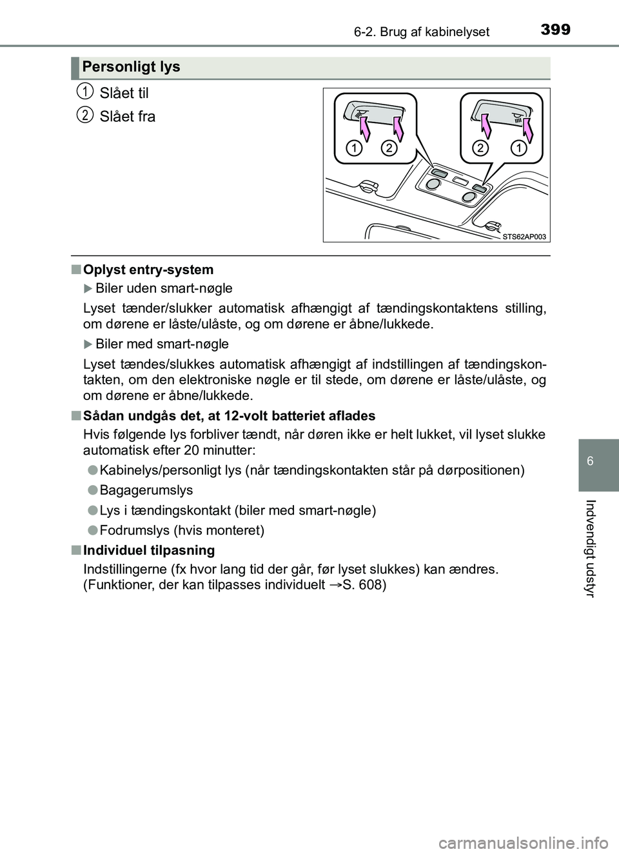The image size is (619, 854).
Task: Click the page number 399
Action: [555, 30]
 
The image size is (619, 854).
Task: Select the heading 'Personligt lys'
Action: [131, 67]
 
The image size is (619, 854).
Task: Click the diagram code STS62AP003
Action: [524, 237]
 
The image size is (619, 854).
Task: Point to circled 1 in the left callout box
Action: [354, 148]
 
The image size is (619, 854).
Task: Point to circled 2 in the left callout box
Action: [389, 148]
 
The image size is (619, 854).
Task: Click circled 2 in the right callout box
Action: [480, 148]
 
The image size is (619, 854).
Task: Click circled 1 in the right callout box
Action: [518, 148]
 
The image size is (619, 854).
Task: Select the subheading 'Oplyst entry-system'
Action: [148, 270]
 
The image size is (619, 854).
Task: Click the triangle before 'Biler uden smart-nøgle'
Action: [88, 288]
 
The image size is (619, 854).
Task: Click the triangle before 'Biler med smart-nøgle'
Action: [88, 344]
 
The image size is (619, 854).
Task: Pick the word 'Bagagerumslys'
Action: [146, 490]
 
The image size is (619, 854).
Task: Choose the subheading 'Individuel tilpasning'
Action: [149, 550]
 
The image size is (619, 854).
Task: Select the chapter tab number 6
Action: [591, 461]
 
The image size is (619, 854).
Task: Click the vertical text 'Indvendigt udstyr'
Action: [591, 548]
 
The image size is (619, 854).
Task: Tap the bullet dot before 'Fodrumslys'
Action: [92, 530]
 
